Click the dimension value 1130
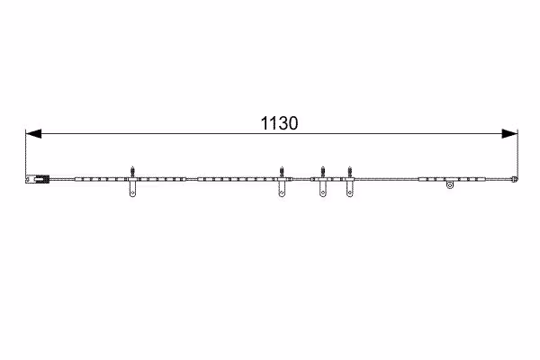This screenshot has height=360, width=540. click(279, 123)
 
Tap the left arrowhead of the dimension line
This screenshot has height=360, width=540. click(33, 134)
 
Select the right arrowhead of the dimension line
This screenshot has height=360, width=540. click(509, 134)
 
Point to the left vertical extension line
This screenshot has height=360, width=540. click(26, 154)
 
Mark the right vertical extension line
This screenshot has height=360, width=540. click(517, 154)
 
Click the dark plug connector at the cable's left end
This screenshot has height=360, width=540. click(38, 179)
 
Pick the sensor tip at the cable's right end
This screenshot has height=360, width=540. click(515, 179)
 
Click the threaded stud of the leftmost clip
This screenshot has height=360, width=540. click(132, 172)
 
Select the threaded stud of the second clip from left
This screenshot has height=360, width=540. click(282, 172)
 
